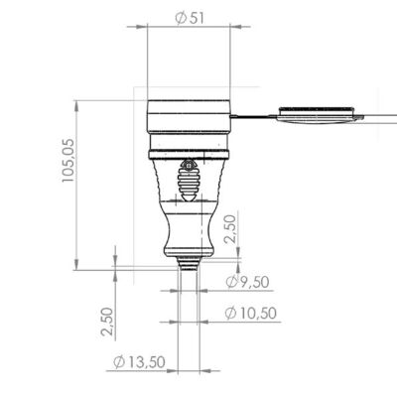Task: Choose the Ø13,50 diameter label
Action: coord(139,362)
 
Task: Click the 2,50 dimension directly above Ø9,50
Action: coord(230,229)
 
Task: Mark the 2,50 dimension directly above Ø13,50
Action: coord(107,320)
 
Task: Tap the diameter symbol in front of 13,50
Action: coord(118,362)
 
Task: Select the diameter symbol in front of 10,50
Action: coord(230,315)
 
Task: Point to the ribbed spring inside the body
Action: coord(188,180)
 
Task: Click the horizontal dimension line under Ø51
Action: coord(189,30)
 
